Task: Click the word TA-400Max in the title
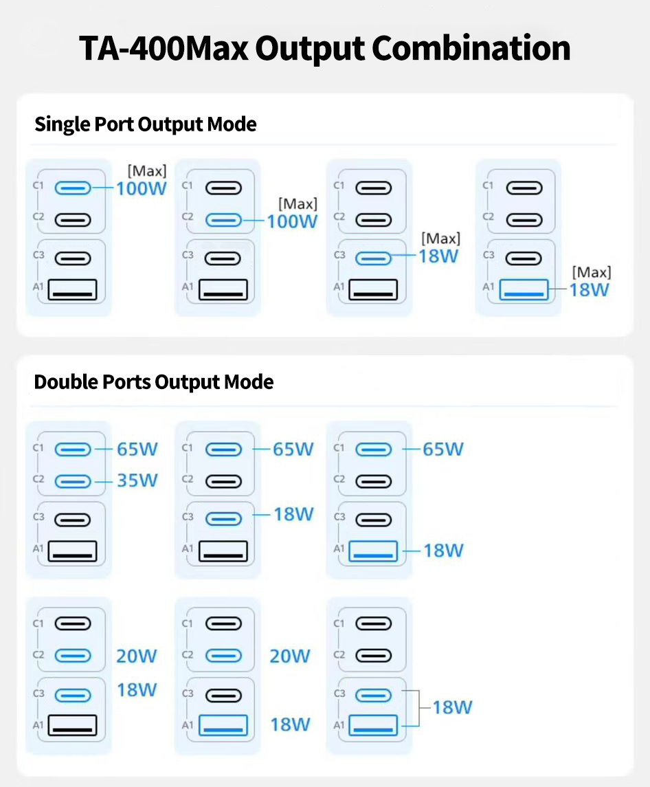pos(164,48)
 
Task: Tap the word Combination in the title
pos(471,48)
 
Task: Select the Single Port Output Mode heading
pos(146,124)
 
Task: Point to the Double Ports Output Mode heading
pos(154,382)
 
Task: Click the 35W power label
pos(137,480)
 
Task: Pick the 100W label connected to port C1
pos(141,188)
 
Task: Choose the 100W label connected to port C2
pos(291,221)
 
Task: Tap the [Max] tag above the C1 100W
pos(146,171)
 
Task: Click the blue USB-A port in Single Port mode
pos(524,290)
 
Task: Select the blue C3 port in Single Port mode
pos(373,258)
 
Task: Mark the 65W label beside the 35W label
pos(137,449)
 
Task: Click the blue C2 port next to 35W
pos(73,481)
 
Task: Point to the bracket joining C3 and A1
pos(418,708)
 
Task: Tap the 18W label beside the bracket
pos(452,707)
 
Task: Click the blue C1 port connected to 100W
pos(73,188)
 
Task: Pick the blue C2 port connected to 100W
pos(223,221)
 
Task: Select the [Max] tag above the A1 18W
pos(592,273)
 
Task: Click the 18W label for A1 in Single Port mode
pos(589,289)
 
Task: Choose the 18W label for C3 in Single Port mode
pos(438,256)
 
